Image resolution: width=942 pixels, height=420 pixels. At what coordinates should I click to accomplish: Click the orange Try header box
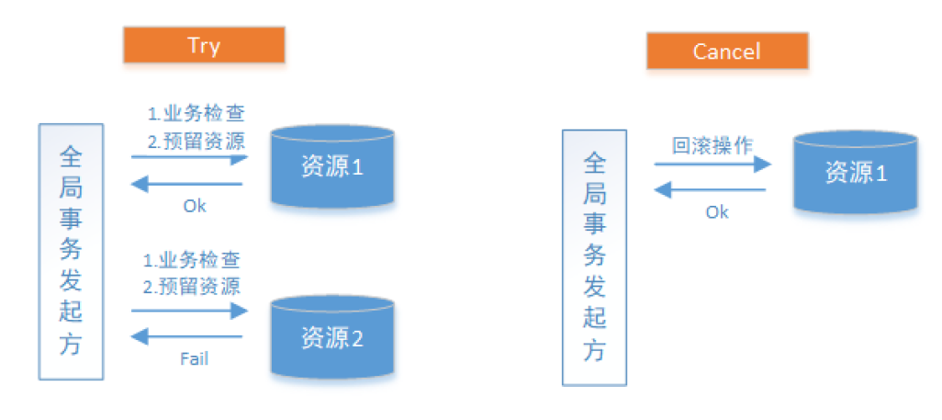(x=204, y=45)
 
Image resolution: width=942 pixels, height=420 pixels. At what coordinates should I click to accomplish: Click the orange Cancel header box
(x=726, y=51)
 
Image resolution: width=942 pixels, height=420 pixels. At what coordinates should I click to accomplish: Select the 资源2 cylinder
(x=332, y=337)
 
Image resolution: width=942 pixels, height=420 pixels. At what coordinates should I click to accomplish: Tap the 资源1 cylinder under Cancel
(x=856, y=173)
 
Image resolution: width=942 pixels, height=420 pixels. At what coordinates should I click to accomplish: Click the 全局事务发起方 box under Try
(x=71, y=250)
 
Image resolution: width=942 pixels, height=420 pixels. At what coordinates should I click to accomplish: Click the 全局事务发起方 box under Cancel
(x=594, y=256)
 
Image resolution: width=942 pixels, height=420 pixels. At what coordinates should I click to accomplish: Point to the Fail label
(x=194, y=358)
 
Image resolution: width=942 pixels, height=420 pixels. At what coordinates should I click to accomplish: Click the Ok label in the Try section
(x=194, y=206)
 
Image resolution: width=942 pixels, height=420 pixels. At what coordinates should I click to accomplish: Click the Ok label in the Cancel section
(x=717, y=212)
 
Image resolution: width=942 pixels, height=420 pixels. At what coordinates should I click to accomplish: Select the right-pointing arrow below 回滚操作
(x=712, y=165)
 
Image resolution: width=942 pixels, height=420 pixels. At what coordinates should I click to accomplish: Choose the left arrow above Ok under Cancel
(x=712, y=190)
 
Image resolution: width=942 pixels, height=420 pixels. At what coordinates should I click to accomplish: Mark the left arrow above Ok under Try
(x=188, y=184)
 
